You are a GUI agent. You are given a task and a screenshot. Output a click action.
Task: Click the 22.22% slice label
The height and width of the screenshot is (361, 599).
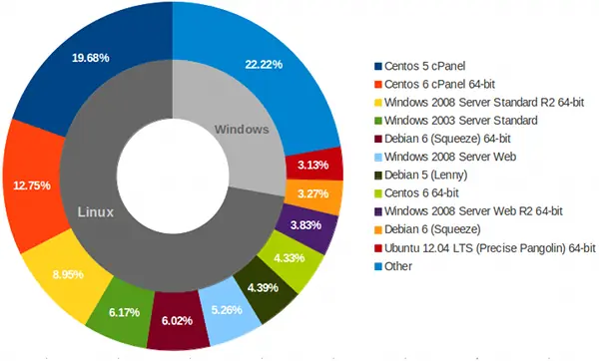(264, 65)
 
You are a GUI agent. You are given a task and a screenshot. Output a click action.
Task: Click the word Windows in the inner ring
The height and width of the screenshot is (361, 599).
(243, 129)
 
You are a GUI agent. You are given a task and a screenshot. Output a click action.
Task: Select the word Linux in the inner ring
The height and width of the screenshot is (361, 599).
(98, 212)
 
